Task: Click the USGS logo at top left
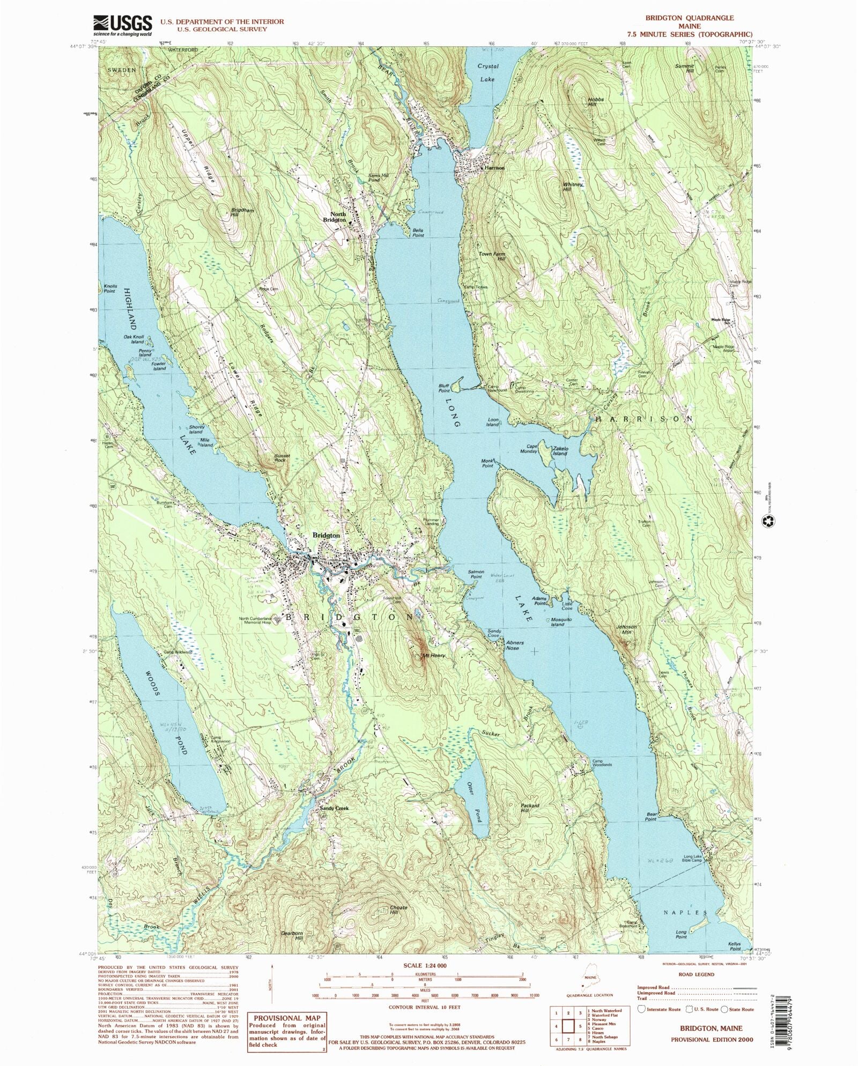tap(123, 24)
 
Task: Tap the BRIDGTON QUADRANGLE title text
tap(689, 18)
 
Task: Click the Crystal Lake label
tap(488, 72)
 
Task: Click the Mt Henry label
tap(434, 655)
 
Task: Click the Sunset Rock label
tap(282, 458)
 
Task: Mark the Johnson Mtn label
tap(626, 630)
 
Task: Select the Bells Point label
tap(418, 232)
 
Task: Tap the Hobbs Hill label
tap(596, 102)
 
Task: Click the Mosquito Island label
tap(557, 622)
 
